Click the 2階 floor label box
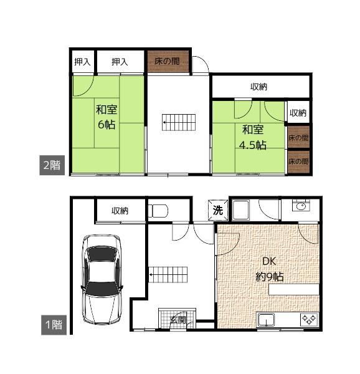point(52,165)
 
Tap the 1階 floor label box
point(54,325)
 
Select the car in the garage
point(102,279)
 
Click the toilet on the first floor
point(158,211)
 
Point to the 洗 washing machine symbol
point(218,210)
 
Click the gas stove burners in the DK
point(310,319)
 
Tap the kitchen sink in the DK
point(267,320)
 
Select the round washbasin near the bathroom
point(301,206)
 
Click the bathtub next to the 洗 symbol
point(241,210)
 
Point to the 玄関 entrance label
point(178,320)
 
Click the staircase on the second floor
point(179,122)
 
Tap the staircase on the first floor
point(168,274)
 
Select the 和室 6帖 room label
point(107,117)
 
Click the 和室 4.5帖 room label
point(253,137)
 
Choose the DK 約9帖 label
point(270,269)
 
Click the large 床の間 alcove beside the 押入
point(168,61)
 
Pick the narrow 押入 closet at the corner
point(82,62)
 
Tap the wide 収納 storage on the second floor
point(260,87)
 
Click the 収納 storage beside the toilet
point(120,211)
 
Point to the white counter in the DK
point(294,289)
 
